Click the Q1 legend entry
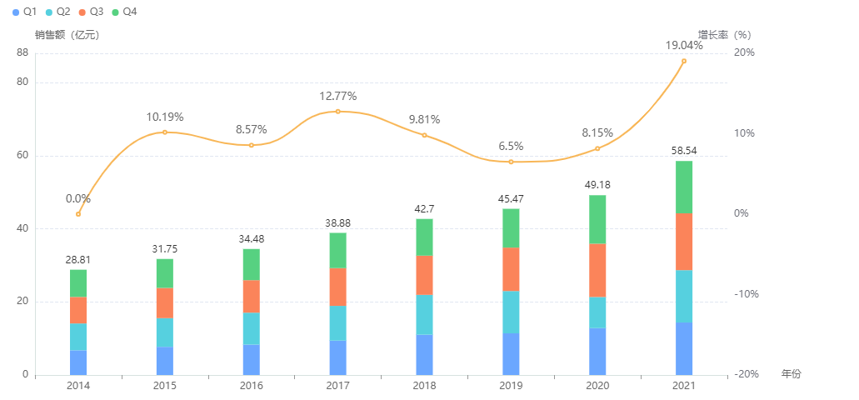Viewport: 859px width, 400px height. click(x=24, y=12)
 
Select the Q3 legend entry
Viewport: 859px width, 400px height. click(x=92, y=12)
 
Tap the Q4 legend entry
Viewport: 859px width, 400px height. click(x=125, y=12)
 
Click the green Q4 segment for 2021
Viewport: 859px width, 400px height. click(x=684, y=187)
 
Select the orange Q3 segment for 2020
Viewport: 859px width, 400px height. click(x=597, y=270)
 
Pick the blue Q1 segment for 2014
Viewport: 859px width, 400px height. click(x=78, y=362)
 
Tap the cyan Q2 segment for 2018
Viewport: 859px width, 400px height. click(x=424, y=314)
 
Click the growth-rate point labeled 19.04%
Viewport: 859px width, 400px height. click(x=684, y=61)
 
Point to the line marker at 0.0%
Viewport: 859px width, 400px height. click(x=78, y=214)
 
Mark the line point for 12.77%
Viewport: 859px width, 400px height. click(x=337, y=111)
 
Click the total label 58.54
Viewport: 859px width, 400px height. click(x=684, y=151)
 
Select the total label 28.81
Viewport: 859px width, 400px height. click(x=78, y=260)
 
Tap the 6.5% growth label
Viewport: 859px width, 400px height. click(x=511, y=146)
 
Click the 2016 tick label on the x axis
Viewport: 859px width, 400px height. click(x=251, y=386)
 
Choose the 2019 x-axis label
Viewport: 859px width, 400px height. click(x=511, y=386)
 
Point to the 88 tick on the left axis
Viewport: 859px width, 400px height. click(x=22, y=52)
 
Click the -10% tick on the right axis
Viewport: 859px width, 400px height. click(x=744, y=294)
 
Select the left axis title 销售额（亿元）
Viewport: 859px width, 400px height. click(x=67, y=35)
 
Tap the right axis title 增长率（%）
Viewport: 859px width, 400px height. click(x=724, y=35)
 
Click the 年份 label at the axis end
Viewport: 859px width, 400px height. click(x=791, y=374)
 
